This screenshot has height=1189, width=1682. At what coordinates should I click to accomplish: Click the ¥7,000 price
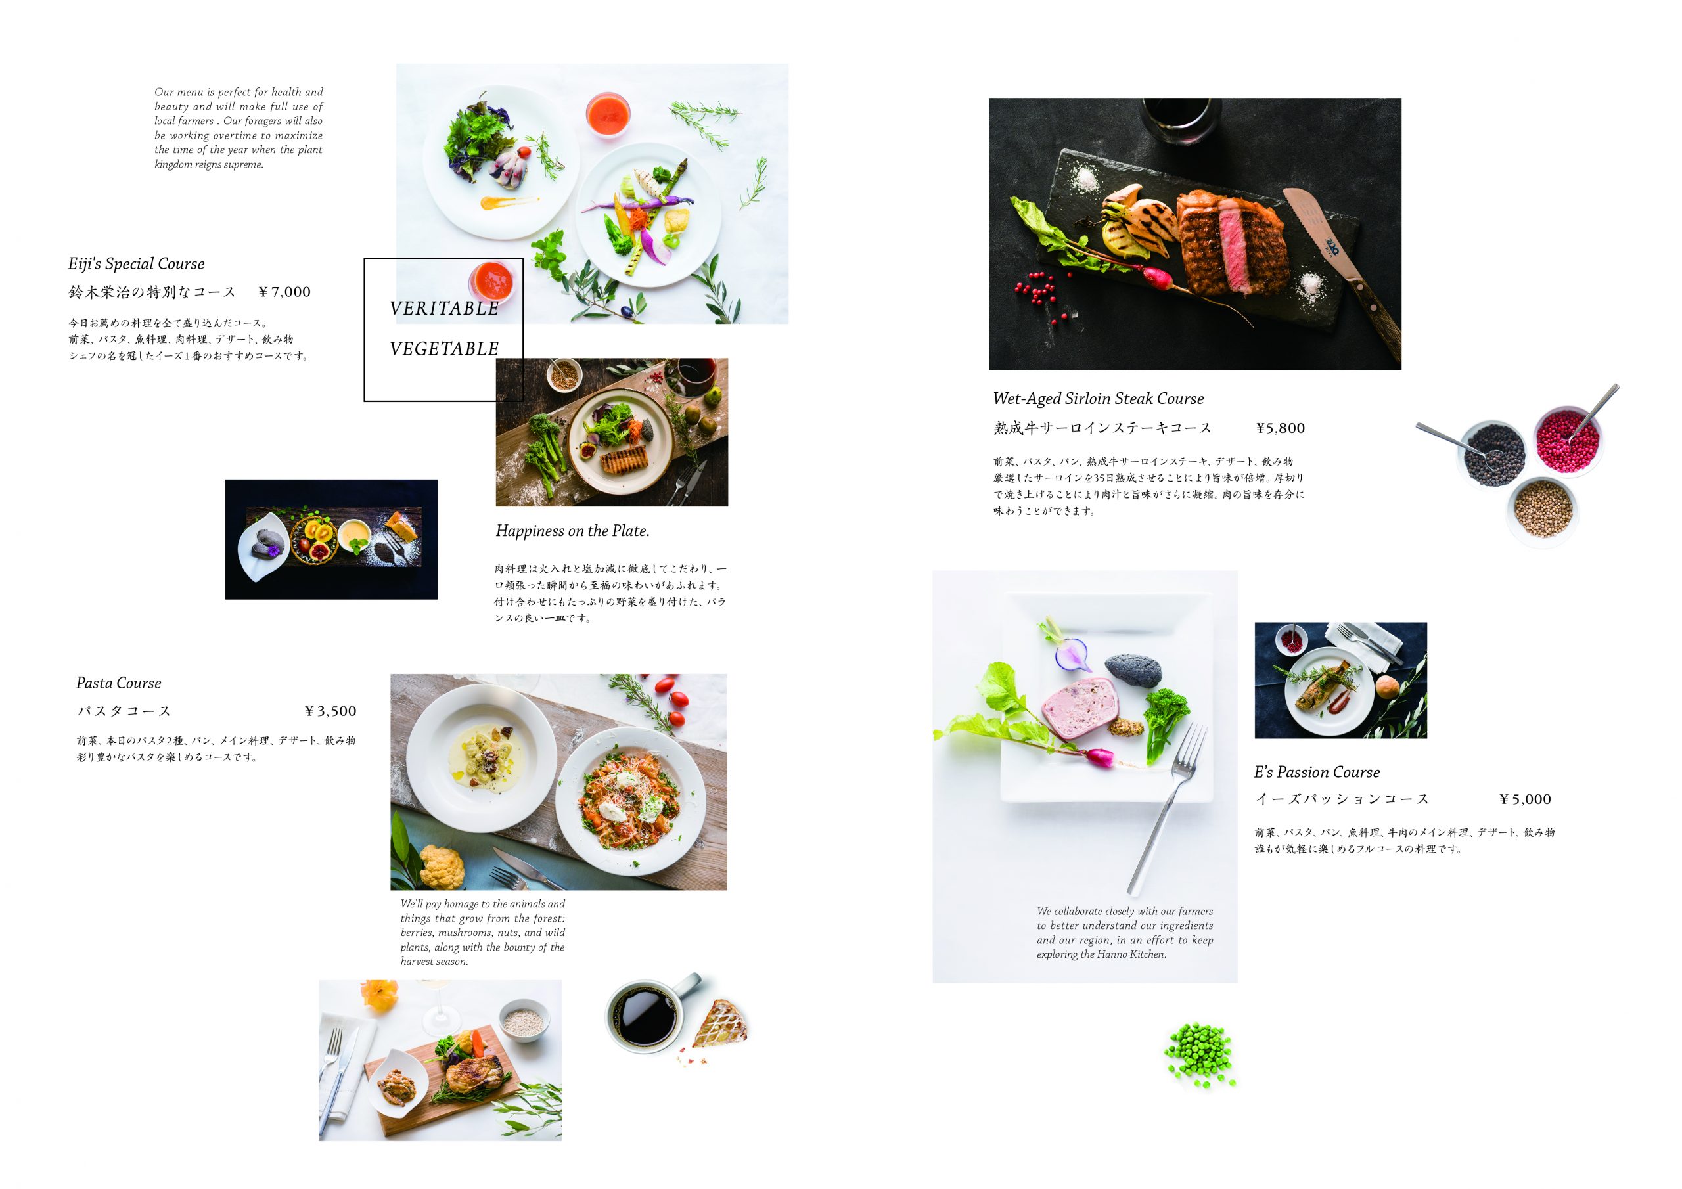pyautogui.click(x=285, y=292)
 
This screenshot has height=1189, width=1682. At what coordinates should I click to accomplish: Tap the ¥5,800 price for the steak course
pyautogui.click(x=1281, y=428)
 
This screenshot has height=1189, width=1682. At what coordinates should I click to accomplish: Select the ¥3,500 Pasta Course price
pyautogui.click(x=330, y=711)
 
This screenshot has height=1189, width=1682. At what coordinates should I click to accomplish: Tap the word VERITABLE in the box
pyautogui.click(x=444, y=309)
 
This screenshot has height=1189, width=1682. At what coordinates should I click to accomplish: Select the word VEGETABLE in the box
pyautogui.click(x=444, y=349)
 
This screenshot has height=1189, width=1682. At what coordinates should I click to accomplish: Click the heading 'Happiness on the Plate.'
pyautogui.click(x=573, y=531)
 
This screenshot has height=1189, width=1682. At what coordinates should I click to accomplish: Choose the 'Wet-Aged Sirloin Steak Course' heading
pyautogui.click(x=1098, y=399)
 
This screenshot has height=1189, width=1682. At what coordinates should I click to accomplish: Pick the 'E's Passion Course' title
pyautogui.click(x=1317, y=772)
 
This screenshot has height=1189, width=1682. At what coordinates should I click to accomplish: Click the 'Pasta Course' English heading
pyautogui.click(x=119, y=683)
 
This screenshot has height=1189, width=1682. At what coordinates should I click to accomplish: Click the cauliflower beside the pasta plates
pyautogui.click(x=442, y=866)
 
